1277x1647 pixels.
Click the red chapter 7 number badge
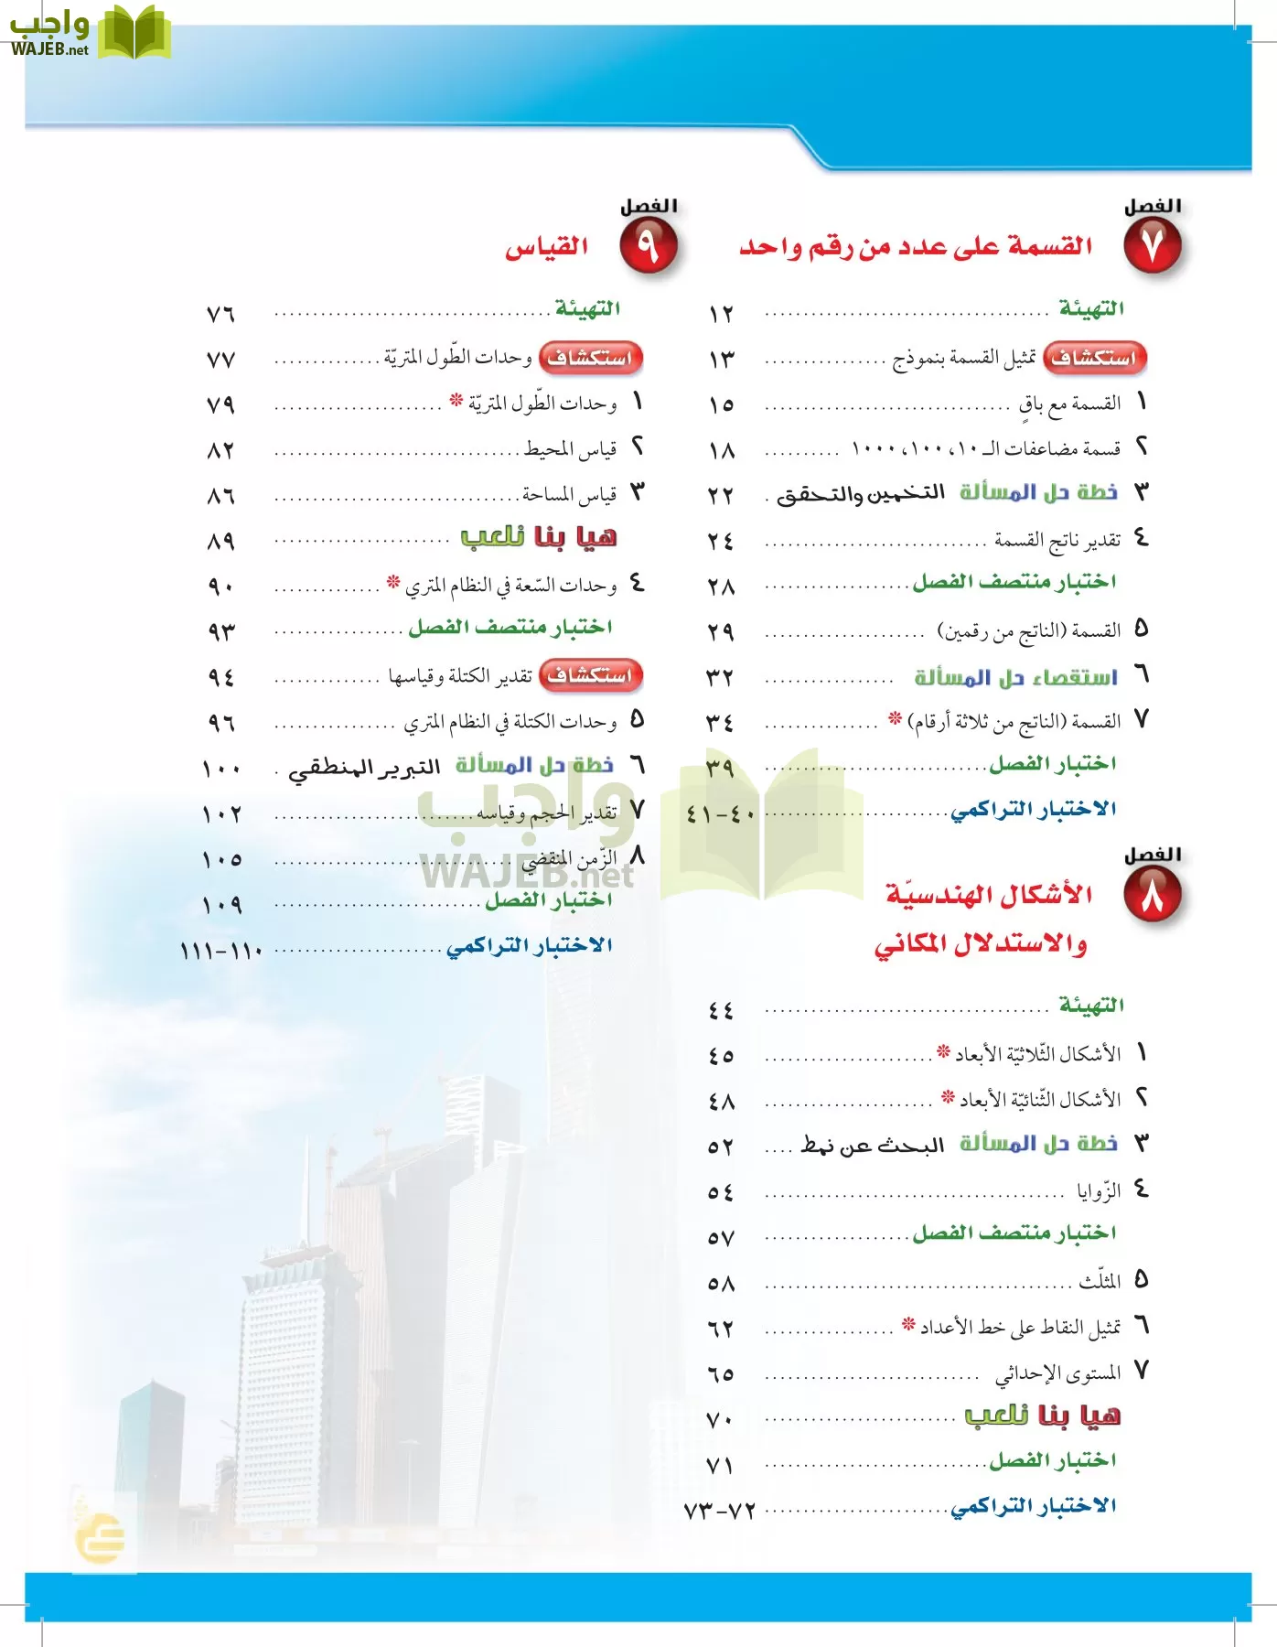pyautogui.click(x=1153, y=247)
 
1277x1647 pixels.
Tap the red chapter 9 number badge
pyautogui.click(x=648, y=247)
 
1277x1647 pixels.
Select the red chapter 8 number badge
pyautogui.click(x=1153, y=896)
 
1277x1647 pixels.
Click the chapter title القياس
pyautogui.click(x=547, y=247)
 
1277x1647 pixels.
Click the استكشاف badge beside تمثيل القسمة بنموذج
pyautogui.click(x=1094, y=358)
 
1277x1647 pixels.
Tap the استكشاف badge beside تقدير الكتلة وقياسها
pyautogui.click(x=591, y=676)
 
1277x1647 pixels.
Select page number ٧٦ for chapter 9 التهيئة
pyautogui.click(x=220, y=314)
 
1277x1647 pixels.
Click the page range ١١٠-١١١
pyautogui.click(x=220, y=950)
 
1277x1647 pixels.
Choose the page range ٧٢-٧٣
pyautogui.click(x=720, y=1510)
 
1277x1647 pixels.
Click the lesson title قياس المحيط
pyautogui.click(x=570, y=449)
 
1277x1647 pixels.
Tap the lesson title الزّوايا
pyautogui.click(x=1098, y=1191)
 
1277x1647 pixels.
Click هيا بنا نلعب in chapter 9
pyautogui.click(x=538, y=537)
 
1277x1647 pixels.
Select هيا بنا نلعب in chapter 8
pyautogui.click(x=1042, y=1416)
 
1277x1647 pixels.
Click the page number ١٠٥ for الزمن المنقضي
pyautogui.click(x=221, y=859)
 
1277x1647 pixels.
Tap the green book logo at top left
pyautogui.click(x=134, y=33)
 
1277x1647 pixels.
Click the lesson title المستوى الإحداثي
pyautogui.click(x=1057, y=1373)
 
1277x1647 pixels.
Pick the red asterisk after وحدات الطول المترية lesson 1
pyautogui.click(x=456, y=401)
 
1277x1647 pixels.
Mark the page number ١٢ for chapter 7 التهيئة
pyautogui.click(x=721, y=314)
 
